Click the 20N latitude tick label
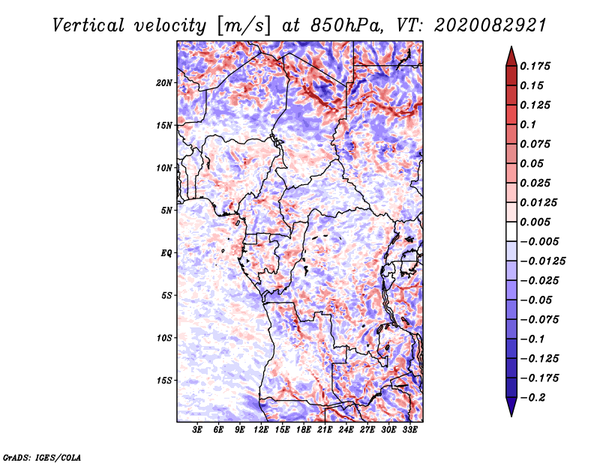[x=164, y=82]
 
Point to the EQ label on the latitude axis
[x=166, y=253]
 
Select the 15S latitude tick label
[x=164, y=381]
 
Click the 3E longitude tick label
[x=198, y=431]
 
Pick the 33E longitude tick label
[x=409, y=431]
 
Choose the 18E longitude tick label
[x=304, y=431]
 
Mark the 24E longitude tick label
[x=346, y=431]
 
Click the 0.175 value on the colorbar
[x=537, y=67]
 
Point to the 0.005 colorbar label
[x=537, y=223]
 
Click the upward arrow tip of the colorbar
[x=511, y=49]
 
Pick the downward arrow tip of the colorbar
[x=511, y=414]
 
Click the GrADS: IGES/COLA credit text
[x=41, y=456]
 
